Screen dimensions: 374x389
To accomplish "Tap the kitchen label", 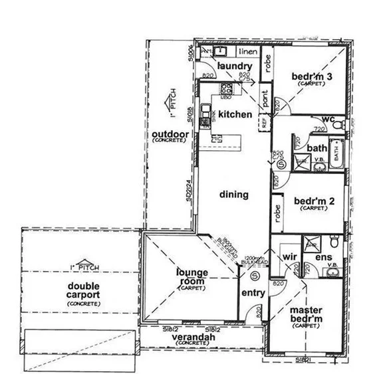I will point(235,114).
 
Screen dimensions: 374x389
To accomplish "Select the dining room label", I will point(233,195).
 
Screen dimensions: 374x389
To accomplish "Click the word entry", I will point(253,292).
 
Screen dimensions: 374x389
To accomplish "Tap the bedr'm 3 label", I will point(312,76).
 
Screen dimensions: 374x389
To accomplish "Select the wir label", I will point(288,255).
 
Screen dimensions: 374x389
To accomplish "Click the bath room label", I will point(317,147).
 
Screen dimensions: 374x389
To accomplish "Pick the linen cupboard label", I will point(247,50).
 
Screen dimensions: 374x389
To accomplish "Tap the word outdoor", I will point(171,134).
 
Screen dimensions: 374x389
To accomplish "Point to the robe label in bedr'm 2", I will point(277,212).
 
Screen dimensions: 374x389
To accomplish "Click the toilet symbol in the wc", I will point(340,124).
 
